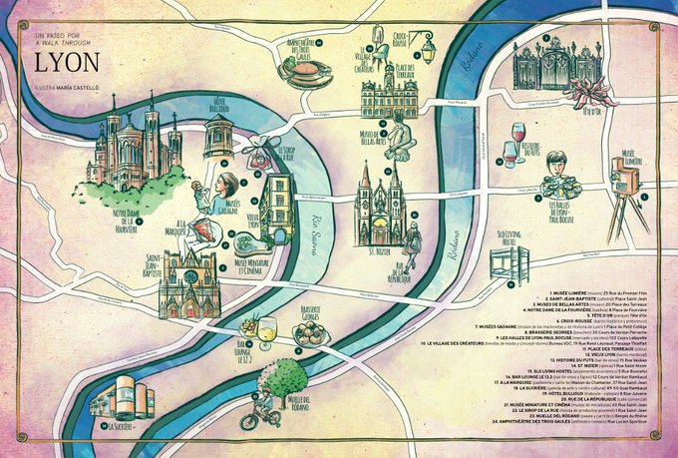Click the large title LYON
pos(68,62)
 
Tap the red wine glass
pos(517,135)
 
